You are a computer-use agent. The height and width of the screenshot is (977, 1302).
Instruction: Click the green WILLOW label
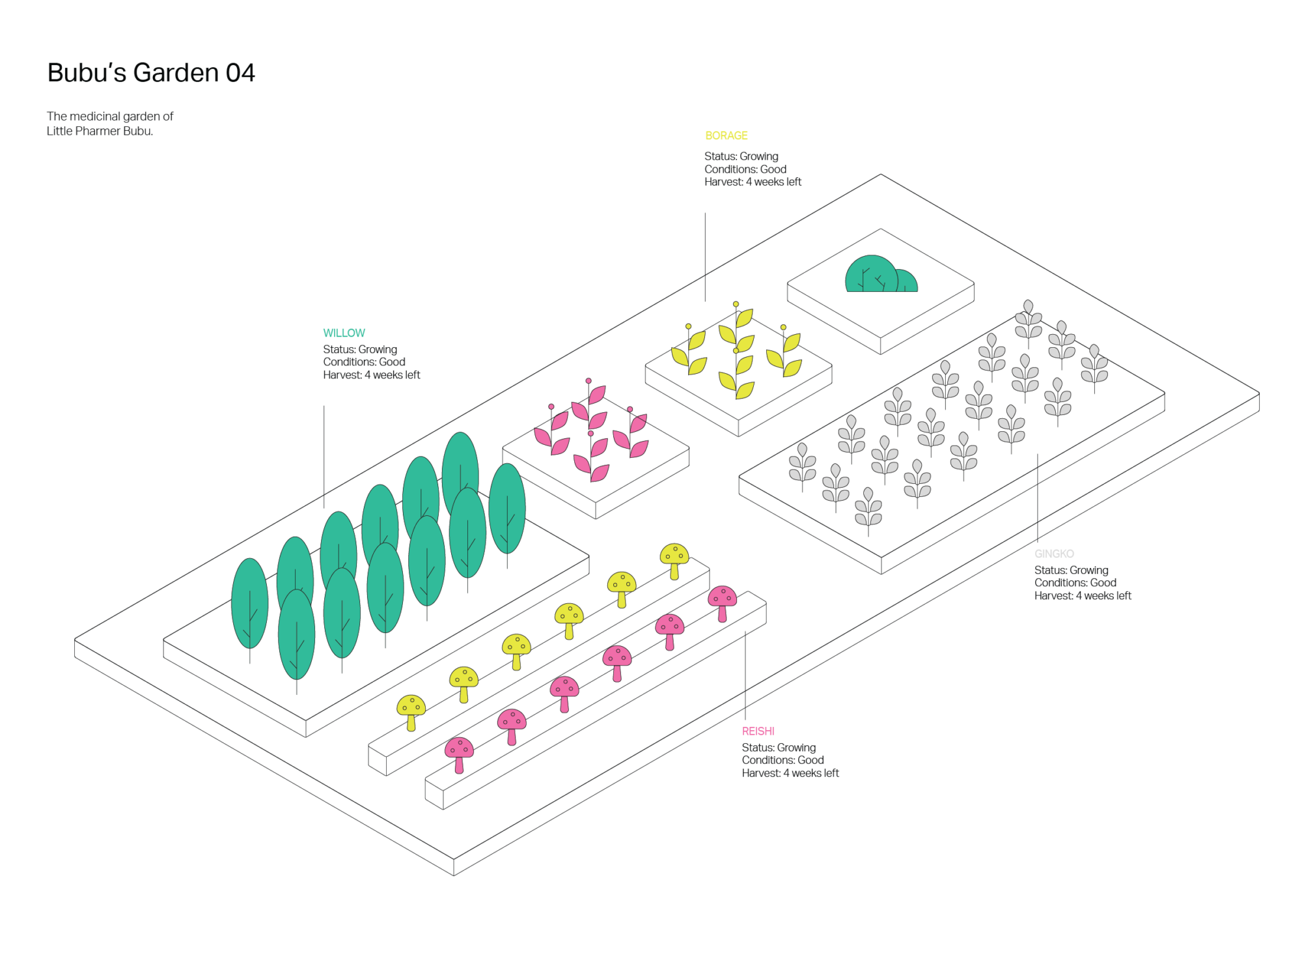[x=344, y=333]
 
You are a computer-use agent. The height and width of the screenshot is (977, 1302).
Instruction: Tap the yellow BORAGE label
[x=727, y=135]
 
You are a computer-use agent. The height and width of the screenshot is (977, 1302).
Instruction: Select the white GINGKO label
[x=1054, y=554]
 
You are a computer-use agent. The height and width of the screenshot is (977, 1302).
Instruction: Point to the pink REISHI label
[x=758, y=731]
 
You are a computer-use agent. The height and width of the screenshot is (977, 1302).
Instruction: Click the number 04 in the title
[x=241, y=73]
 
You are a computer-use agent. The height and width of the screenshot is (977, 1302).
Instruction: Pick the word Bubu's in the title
[x=87, y=73]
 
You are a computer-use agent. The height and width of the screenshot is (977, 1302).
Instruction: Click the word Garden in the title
[x=176, y=73]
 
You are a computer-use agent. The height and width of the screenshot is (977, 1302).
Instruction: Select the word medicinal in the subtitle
[x=95, y=117]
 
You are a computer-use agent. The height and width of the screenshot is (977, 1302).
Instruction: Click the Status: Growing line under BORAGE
[x=741, y=156]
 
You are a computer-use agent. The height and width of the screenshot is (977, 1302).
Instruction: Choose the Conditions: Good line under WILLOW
[x=364, y=362]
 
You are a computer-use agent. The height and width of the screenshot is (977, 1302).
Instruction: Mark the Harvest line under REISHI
[x=790, y=773]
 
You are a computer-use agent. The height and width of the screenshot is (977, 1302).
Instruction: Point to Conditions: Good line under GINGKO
[x=1075, y=583]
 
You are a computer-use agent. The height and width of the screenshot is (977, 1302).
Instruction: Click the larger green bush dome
[x=871, y=274]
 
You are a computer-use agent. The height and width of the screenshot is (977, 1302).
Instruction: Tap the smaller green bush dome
[x=906, y=281]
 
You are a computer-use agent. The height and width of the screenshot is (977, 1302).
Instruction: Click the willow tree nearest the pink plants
[x=507, y=508]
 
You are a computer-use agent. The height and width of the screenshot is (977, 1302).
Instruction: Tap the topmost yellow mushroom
[x=674, y=558]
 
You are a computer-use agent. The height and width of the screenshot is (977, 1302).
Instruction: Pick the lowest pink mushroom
[x=459, y=752]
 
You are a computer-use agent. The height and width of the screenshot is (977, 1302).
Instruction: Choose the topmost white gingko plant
[x=1029, y=319]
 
